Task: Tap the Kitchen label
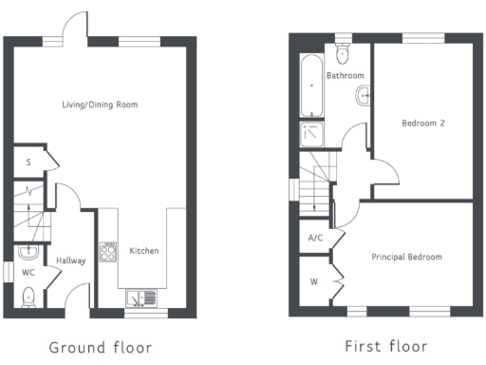(x=144, y=251)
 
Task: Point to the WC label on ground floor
(x=28, y=273)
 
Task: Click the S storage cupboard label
(x=28, y=163)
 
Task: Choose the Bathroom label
(x=346, y=75)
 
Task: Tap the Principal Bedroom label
(x=406, y=257)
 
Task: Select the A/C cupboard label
(x=317, y=239)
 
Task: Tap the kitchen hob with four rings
(x=108, y=253)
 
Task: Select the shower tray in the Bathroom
(x=312, y=133)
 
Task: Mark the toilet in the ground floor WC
(x=29, y=296)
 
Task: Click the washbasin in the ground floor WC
(x=28, y=253)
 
